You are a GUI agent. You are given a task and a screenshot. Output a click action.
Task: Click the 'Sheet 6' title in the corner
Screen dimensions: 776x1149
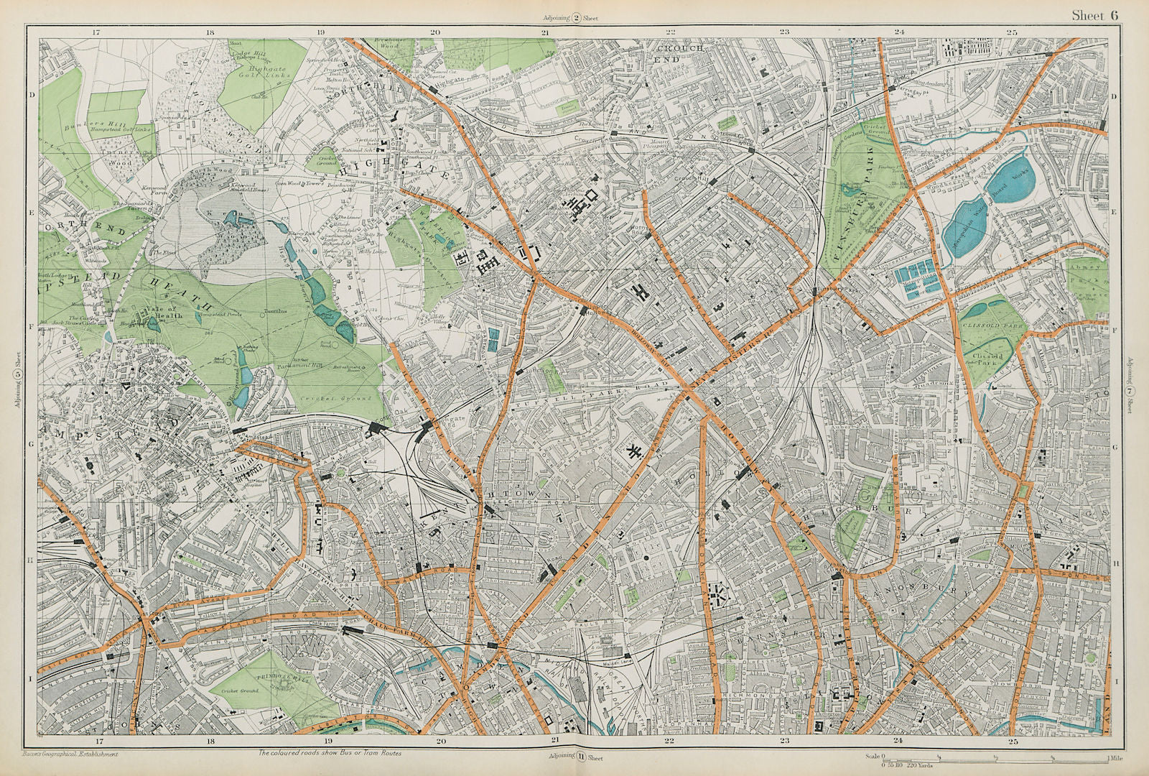(x=1094, y=15)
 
